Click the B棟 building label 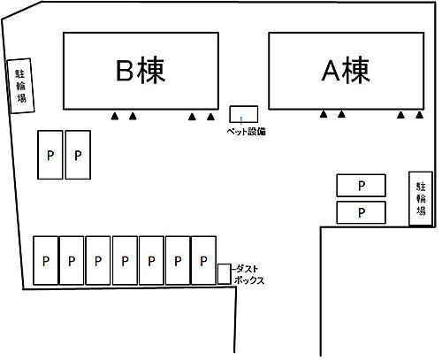point(141,71)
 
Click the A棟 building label point(346,71)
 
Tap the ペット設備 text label point(246,132)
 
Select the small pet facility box point(244,114)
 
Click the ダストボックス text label point(248,274)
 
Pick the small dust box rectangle point(225,274)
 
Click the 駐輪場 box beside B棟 point(20,86)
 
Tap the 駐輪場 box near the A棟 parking point(421,199)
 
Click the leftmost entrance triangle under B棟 point(115,116)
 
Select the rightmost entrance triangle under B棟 point(210,117)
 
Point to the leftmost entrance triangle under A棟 point(324,114)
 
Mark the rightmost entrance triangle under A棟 point(420,115)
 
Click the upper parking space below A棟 point(362,186)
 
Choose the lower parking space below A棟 point(362,212)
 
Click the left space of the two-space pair point(50,155)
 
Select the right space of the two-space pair point(78,155)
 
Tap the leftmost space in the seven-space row point(46,260)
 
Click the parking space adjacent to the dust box point(203,260)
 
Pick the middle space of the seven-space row point(125,260)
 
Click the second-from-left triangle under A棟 point(341,114)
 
